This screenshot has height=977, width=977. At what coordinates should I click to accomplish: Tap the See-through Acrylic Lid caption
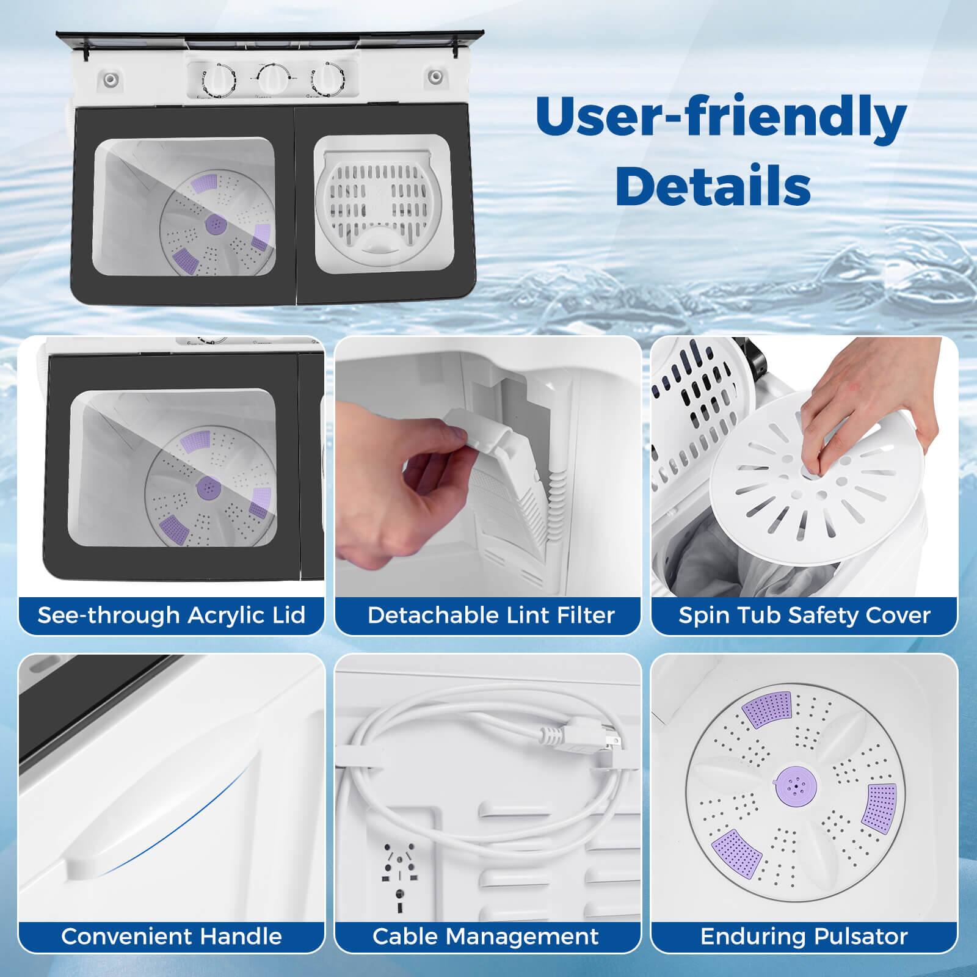[x=172, y=615]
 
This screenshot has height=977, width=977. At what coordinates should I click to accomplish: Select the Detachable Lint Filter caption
[x=491, y=615]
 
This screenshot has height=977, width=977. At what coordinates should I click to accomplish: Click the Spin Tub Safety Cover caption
[x=804, y=615]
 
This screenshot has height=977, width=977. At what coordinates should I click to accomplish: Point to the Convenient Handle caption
[x=172, y=936]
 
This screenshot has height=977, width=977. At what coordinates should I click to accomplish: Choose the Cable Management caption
[x=486, y=936]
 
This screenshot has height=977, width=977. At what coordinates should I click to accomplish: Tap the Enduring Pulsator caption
[x=804, y=936]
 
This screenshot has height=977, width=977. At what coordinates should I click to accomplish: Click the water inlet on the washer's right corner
[x=435, y=77]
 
